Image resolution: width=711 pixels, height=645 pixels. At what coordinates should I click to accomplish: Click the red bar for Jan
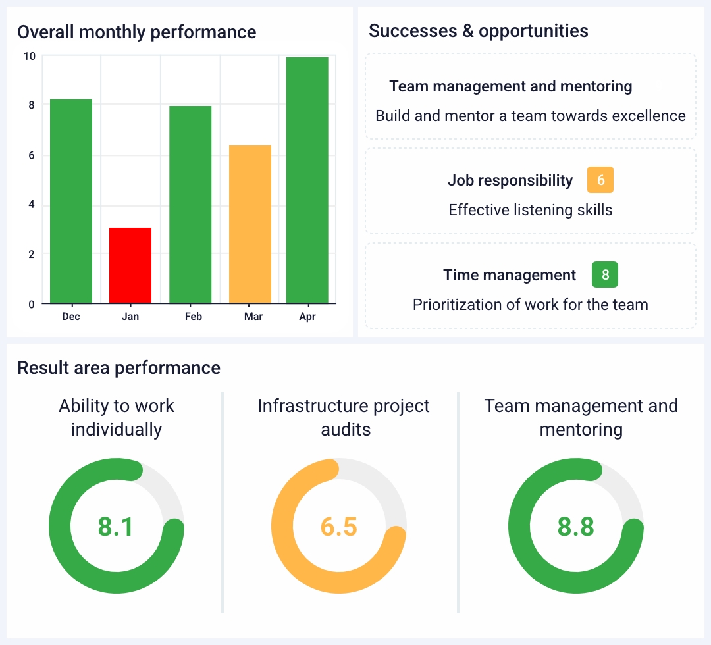130,265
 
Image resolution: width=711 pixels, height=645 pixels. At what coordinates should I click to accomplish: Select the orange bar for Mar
250,224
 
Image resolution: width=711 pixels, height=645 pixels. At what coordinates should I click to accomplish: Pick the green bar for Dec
71,201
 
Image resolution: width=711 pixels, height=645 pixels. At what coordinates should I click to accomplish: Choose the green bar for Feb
190,204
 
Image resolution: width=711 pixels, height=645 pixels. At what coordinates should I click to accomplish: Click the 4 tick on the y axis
31,205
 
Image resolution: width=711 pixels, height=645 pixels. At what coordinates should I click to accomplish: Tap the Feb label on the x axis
194,317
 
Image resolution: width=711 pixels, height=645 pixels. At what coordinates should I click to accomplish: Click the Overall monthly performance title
137,32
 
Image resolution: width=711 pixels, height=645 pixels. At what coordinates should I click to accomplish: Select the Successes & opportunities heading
479,30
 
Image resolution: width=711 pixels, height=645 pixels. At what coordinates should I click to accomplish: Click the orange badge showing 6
600,180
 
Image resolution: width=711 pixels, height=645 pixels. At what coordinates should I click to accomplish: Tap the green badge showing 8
605,275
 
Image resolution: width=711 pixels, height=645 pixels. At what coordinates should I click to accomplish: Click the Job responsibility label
510,180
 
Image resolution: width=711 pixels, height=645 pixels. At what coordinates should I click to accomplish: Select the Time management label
510,275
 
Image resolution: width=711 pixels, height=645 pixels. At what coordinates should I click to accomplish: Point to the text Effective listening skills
531,210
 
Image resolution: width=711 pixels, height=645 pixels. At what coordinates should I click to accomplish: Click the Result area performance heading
119,367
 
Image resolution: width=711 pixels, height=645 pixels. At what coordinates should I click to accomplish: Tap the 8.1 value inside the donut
116,527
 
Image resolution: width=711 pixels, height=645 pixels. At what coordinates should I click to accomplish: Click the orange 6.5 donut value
339,527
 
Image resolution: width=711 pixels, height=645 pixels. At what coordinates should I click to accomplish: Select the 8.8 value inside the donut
576,527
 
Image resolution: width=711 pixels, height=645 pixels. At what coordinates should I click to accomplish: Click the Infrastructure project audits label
344,418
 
